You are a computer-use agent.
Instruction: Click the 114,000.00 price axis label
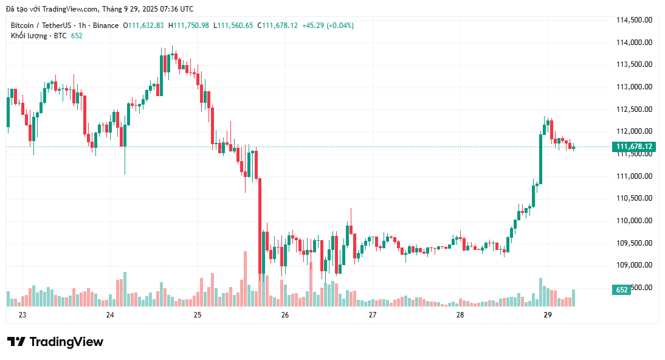[635, 43]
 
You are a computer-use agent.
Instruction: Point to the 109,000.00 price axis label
[635, 265]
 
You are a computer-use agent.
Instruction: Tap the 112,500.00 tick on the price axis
[635, 109]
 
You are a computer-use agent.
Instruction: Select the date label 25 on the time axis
[198, 315]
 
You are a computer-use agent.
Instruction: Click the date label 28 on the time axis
[460, 315]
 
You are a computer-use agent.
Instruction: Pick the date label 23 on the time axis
[22, 315]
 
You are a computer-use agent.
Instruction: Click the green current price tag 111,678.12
[634, 147]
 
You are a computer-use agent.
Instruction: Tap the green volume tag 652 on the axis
[622, 290]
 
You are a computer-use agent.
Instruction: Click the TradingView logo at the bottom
[55, 342]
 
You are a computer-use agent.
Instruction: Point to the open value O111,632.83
[143, 26]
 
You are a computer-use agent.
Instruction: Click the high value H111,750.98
[188, 26]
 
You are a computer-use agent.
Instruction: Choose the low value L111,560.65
[233, 26]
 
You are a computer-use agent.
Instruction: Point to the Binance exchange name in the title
[106, 26]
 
